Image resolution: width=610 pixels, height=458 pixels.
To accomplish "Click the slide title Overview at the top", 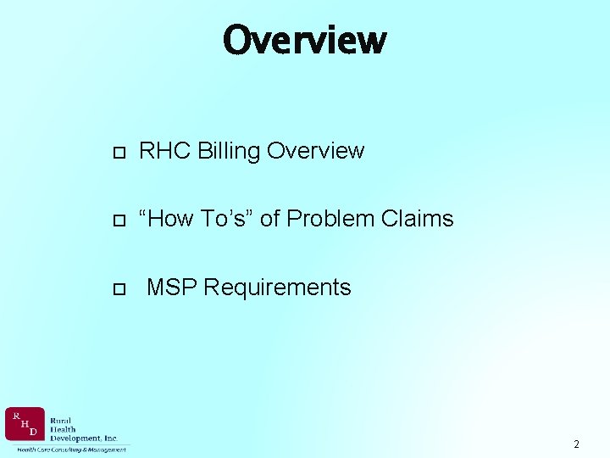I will tap(304, 39).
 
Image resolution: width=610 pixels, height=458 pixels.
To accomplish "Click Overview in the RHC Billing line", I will tap(315, 151).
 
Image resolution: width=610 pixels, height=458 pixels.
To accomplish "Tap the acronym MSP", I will tap(172, 288).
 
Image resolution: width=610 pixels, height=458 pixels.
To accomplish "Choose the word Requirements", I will tap(277, 288).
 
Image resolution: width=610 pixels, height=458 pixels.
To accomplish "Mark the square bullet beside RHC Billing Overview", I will tap(119, 153).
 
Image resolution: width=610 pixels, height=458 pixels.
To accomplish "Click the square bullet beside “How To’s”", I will tap(119, 221).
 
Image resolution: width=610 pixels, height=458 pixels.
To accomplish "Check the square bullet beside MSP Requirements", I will tap(119, 289).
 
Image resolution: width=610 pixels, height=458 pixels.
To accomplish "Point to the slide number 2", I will tap(576, 444).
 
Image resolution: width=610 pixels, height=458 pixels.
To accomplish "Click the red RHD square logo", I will tap(25, 424).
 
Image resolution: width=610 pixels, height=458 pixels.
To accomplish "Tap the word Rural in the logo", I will tap(62, 420).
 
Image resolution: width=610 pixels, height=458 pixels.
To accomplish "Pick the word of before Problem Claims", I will tap(269, 219).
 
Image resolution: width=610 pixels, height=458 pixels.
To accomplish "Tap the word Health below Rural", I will tap(63, 429).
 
